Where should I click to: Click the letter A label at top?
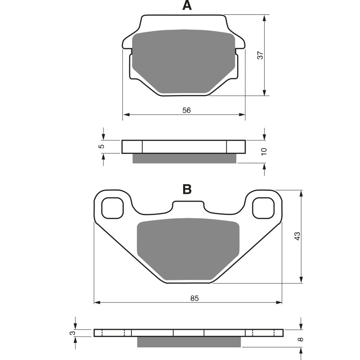[x=187, y=6]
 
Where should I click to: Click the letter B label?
[x=187, y=189]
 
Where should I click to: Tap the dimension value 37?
[x=260, y=55]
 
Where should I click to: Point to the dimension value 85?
[x=194, y=298]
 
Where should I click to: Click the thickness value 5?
[x=102, y=146]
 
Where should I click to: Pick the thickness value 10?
[x=264, y=151]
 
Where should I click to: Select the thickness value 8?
[x=300, y=339]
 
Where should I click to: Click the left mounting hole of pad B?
[x=112, y=208]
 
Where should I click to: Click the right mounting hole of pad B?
[x=263, y=208]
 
